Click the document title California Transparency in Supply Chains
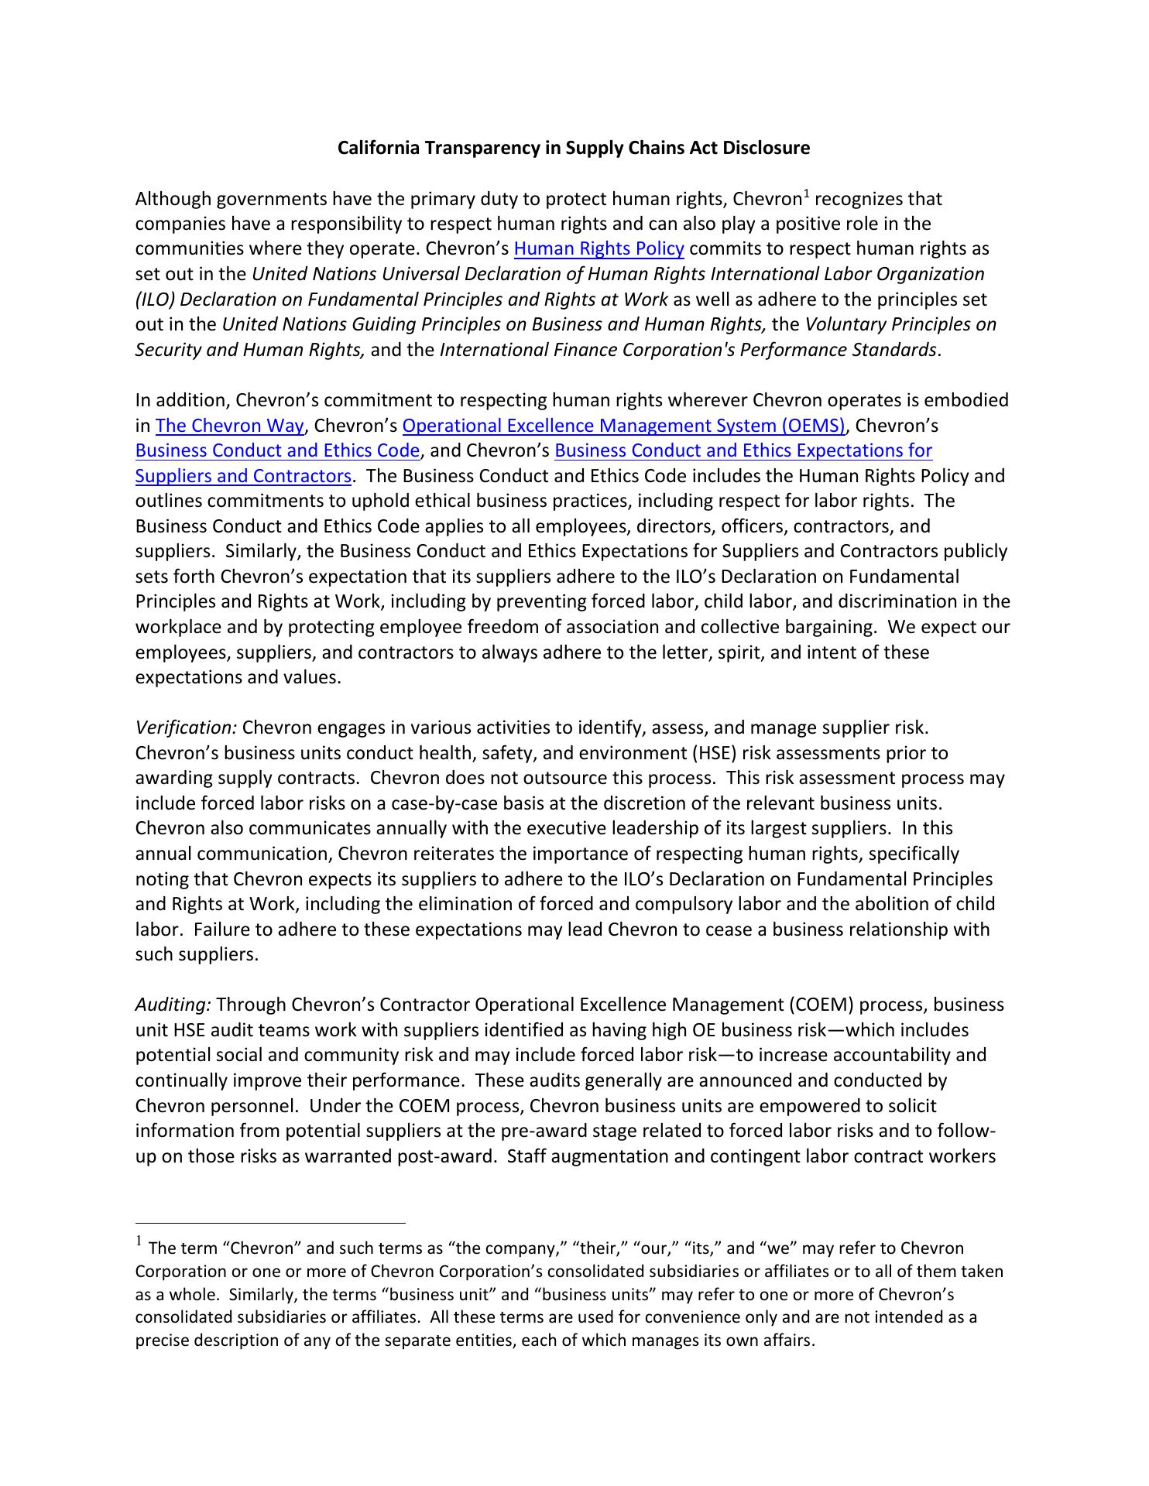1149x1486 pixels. (573, 148)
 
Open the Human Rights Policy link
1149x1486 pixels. (599, 249)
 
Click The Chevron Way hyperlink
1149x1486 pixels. (229, 426)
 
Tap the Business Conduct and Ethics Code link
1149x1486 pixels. (277, 450)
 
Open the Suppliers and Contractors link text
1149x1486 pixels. (243, 476)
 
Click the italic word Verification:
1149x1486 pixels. (186, 728)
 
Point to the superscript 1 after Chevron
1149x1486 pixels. (805, 194)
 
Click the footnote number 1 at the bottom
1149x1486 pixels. (139, 1242)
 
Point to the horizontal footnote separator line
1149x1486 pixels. (270, 1224)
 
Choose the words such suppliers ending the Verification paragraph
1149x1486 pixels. (195, 955)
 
